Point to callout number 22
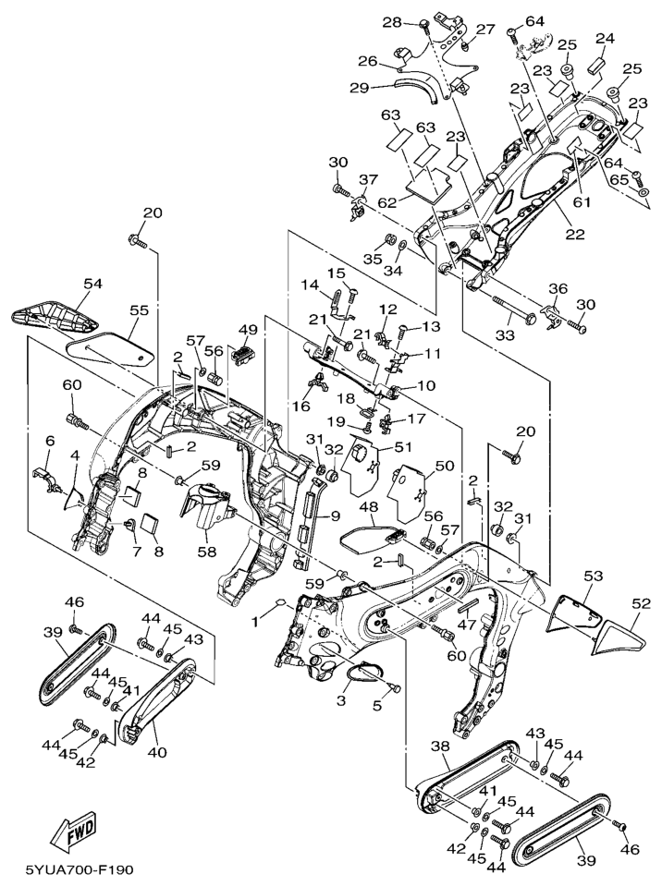[x=575, y=235]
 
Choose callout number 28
[x=392, y=21]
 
